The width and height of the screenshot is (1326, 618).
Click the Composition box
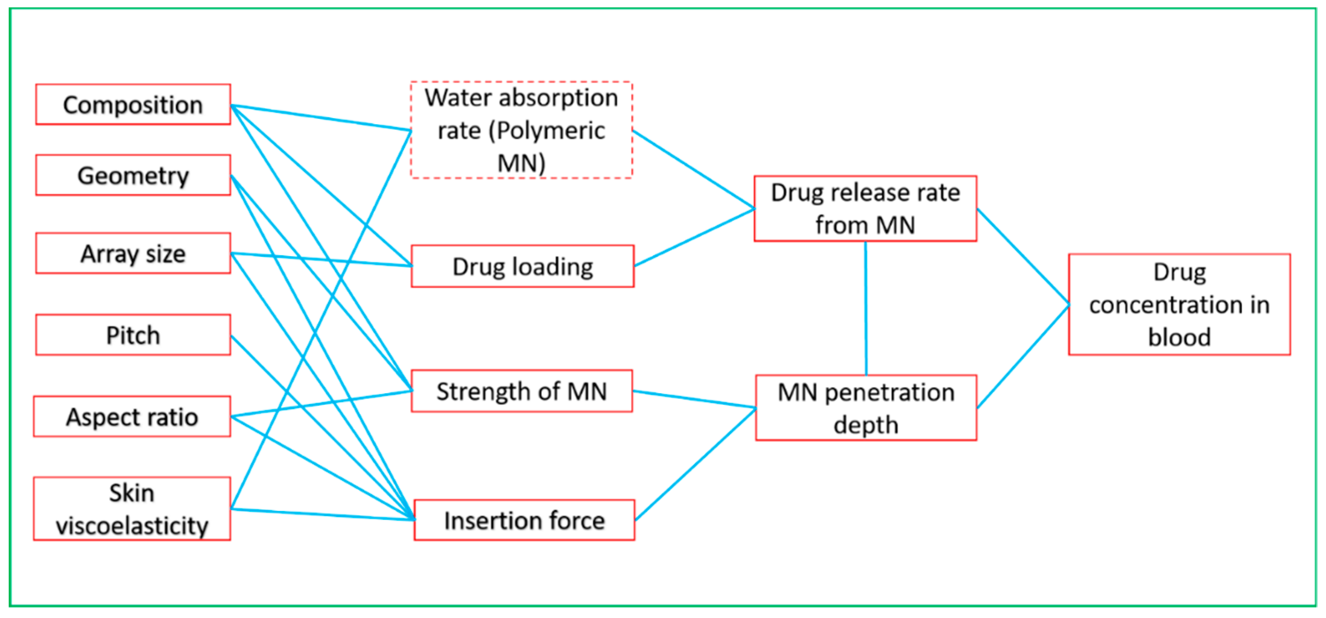click(133, 104)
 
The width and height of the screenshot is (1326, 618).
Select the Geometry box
click(133, 175)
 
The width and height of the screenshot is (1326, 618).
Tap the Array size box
click(133, 253)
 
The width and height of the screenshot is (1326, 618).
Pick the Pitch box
click(133, 335)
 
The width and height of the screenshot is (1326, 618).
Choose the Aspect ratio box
click(132, 417)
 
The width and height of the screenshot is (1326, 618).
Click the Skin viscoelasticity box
click(132, 508)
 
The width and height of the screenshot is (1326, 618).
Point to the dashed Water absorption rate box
click(522, 130)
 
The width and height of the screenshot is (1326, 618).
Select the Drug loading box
click(522, 266)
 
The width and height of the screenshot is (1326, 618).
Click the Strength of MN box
click(522, 391)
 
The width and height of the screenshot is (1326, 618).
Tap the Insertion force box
click(524, 520)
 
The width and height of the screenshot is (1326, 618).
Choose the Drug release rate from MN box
click(865, 208)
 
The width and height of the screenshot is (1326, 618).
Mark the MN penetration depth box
click(866, 408)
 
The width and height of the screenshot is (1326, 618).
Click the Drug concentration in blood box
click(1179, 304)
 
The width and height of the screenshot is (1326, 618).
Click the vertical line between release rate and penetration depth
click(866, 308)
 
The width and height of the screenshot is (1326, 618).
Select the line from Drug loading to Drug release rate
click(694, 238)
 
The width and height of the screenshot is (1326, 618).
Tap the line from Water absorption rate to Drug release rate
click(693, 169)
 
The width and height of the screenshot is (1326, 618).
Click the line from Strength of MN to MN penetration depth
click(694, 399)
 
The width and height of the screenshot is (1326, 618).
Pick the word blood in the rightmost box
click(1179, 338)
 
